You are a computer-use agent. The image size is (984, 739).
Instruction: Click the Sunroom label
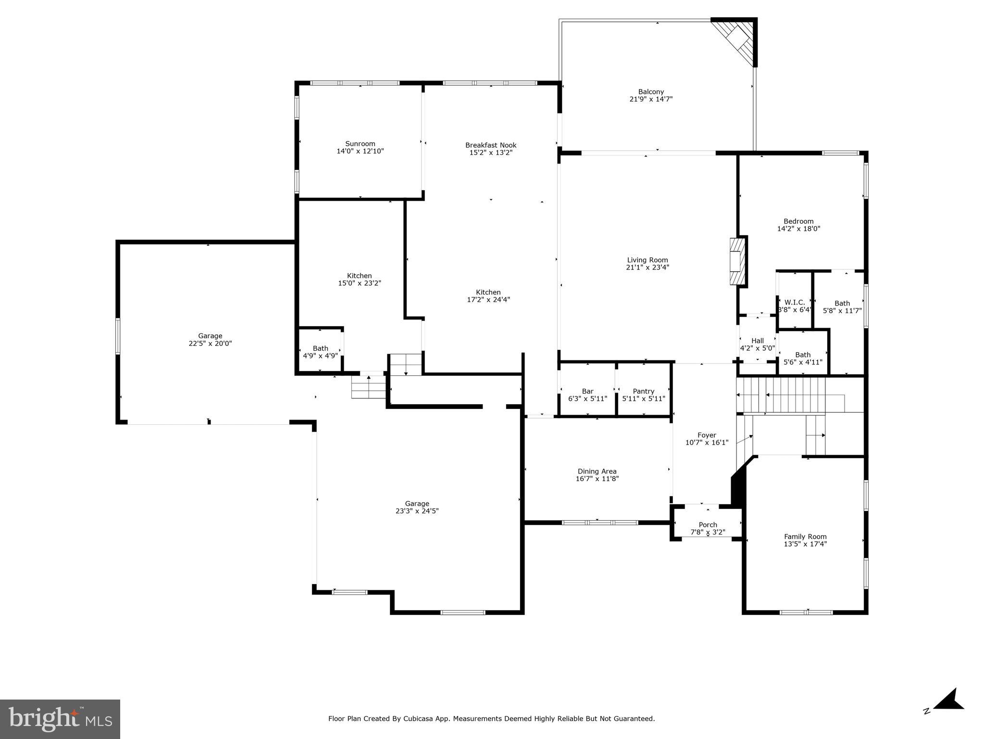pyautogui.click(x=360, y=144)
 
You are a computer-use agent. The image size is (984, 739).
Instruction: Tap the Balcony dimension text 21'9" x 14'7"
pyautogui.click(x=651, y=99)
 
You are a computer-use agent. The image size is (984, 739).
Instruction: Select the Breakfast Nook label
pyautogui.click(x=491, y=145)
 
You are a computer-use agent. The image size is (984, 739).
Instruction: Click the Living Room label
pyautogui.click(x=647, y=260)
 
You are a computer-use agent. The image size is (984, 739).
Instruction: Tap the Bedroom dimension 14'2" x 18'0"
pyautogui.click(x=798, y=229)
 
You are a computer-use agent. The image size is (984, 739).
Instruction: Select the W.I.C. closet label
pyautogui.click(x=795, y=303)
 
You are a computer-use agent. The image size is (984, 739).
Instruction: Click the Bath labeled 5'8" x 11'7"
pyautogui.click(x=842, y=307)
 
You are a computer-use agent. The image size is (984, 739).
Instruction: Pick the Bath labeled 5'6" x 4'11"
pyautogui.click(x=803, y=358)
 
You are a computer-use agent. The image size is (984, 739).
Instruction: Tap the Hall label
pyautogui.click(x=758, y=341)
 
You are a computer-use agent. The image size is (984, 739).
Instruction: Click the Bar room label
pyautogui.click(x=587, y=392)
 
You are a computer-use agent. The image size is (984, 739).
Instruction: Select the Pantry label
pyautogui.click(x=644, y=392)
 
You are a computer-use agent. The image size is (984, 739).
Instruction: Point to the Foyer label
pyautogui.click(x=707, y=435)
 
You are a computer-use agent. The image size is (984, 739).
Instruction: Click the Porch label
pyautogui.click(x=708, y=525)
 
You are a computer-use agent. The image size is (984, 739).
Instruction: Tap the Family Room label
pyautogui.click(x=805, y=537)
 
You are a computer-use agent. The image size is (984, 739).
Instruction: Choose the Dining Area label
pyautogui.click(x=597, y=471)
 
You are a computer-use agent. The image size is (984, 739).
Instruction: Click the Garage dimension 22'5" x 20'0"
pyautogui.click(x=210, y=344)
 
